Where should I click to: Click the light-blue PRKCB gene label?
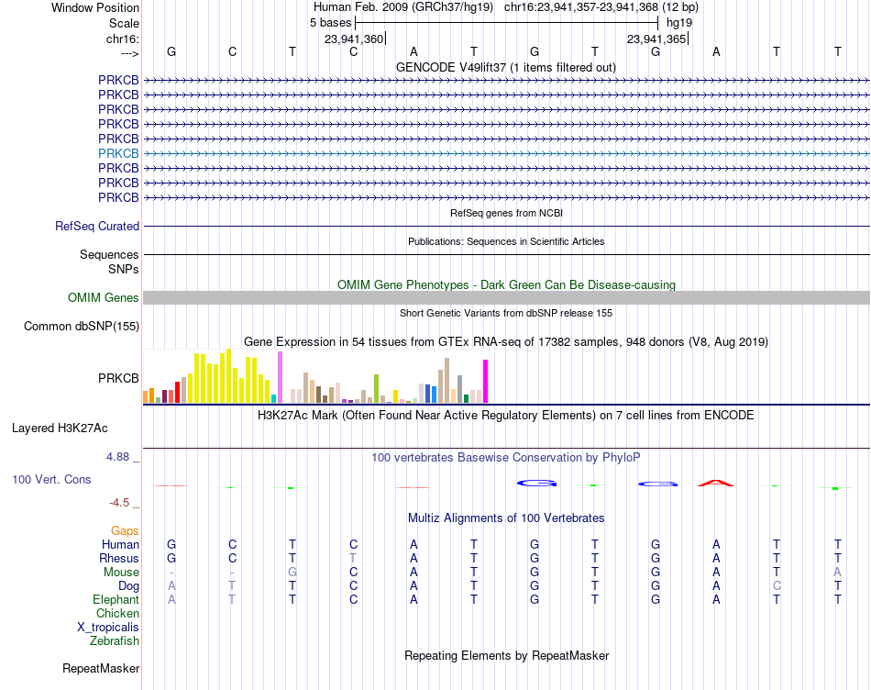pos(118,153)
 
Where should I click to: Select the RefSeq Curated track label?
pos(97,227)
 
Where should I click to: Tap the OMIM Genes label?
pos(104,298)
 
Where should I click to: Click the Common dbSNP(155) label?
pos(82,327)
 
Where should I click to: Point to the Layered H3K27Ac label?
pos(60,428)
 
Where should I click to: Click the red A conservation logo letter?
pos(716,484)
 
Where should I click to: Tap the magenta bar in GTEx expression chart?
pos(486,382)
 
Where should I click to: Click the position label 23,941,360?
pos(354,39)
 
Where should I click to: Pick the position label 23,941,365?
pos(656,39)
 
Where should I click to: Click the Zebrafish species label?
pos(115,641)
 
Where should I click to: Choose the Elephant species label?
pos(116,600)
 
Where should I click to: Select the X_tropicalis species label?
pos(108,628)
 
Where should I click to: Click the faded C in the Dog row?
pos(777,586)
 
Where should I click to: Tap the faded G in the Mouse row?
pos(292,573)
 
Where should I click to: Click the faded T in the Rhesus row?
pos(353,558)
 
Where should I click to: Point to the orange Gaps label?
pos(125,531)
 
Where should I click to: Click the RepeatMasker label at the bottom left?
pos(101,669)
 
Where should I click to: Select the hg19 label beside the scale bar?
pos(679,23)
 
